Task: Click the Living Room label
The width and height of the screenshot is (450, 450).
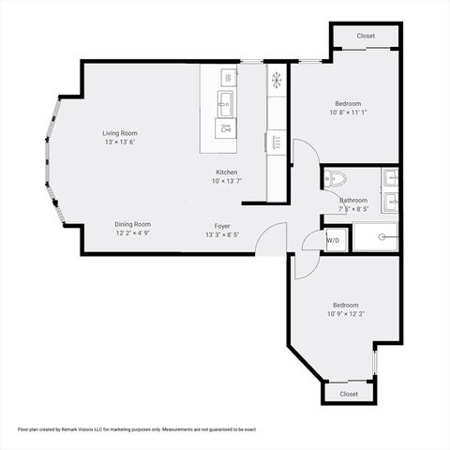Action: (x=120, y=133)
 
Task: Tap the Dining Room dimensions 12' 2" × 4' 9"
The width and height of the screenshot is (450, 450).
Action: (x=133, y=233)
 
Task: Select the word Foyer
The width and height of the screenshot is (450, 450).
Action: (x=222, y=225)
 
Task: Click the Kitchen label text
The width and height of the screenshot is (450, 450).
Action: (x=227, y=172)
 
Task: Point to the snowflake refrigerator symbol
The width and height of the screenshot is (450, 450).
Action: (x=277, y=80)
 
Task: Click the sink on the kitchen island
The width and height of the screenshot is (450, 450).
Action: (x=226, y=101)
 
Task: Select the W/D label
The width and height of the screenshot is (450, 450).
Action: (x=333, y=241)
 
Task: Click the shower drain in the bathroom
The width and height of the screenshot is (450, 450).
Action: (x=382, y=237)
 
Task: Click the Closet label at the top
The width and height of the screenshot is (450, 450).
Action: (x=366, y=36)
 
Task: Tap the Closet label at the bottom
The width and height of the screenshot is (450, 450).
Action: (x=349, y=394)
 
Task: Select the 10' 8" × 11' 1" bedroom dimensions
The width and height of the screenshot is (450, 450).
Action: (x=348, y=112)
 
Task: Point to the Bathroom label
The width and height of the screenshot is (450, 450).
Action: (x=353, y=200)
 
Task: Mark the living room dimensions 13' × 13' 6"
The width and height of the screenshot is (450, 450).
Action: (x=120, y=142)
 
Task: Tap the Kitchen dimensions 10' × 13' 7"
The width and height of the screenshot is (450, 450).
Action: (x=227, y=181)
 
